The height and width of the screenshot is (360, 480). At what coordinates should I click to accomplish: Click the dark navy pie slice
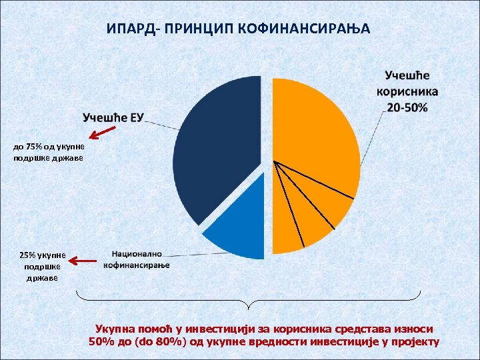(x=213, y=147)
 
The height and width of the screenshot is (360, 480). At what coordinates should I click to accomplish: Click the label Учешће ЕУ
(x=113, y=118)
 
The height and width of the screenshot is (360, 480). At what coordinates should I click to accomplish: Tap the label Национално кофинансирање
(x=137, y=259)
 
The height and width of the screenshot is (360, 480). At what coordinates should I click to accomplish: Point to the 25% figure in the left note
(x=29, y=255)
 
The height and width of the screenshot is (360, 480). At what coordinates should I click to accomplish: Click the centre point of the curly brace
(x=249, y=305)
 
